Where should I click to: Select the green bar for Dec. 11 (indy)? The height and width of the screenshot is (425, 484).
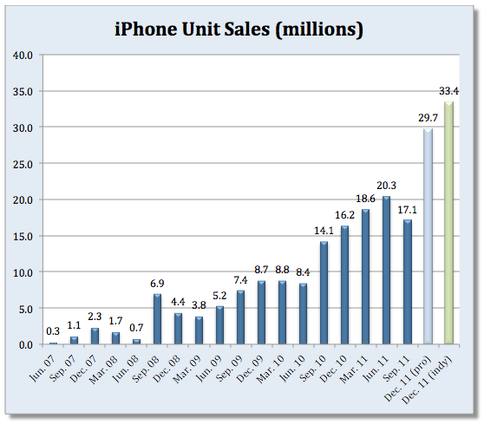coord(448,223)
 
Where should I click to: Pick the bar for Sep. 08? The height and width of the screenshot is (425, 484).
coord(157,319)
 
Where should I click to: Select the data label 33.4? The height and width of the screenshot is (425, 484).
coord(448,91)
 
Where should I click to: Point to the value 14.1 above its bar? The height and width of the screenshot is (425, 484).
coord(324,232)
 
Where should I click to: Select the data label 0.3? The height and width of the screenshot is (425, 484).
coord(53,331)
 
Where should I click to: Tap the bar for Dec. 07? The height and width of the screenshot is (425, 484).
coord(95,336)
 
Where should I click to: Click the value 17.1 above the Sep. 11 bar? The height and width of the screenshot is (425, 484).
coord(407,210)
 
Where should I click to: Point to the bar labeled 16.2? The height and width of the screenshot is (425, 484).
coord(344,285)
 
